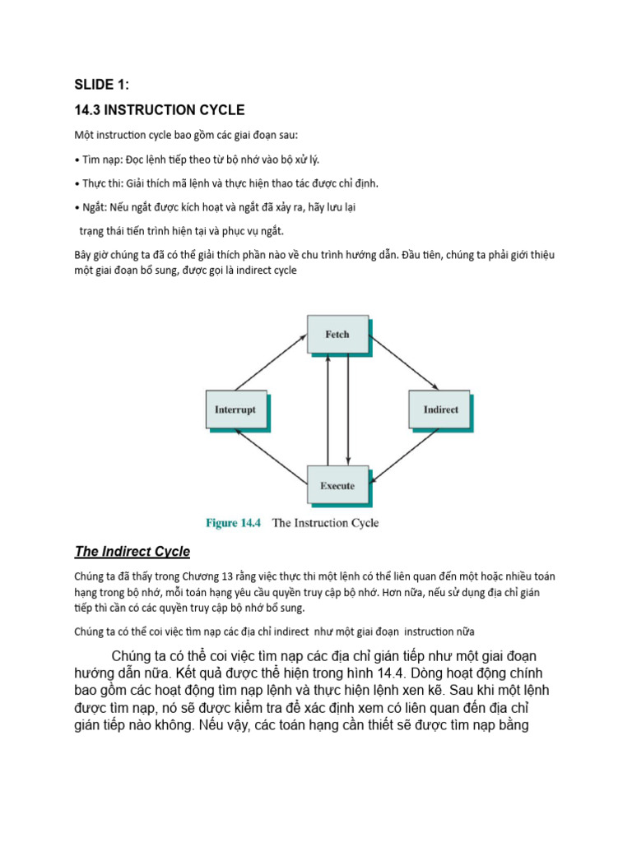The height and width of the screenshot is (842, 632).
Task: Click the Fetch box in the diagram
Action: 337,335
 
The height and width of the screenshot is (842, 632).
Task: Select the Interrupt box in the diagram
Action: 235,409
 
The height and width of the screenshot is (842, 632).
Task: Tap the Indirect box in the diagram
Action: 440,409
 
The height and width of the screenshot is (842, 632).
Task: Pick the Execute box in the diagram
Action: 337,485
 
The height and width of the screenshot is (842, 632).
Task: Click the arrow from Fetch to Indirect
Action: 403,361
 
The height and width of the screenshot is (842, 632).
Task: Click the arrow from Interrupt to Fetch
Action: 272,361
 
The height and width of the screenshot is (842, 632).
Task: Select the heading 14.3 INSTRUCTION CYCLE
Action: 160,110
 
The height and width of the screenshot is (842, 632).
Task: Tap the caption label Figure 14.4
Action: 232,523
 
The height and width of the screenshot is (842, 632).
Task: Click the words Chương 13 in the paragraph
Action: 217,576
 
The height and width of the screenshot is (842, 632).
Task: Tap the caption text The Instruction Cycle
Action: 325,523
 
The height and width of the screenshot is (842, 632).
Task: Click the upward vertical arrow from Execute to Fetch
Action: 328,410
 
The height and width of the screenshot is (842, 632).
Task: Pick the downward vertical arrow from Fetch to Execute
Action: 348,410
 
